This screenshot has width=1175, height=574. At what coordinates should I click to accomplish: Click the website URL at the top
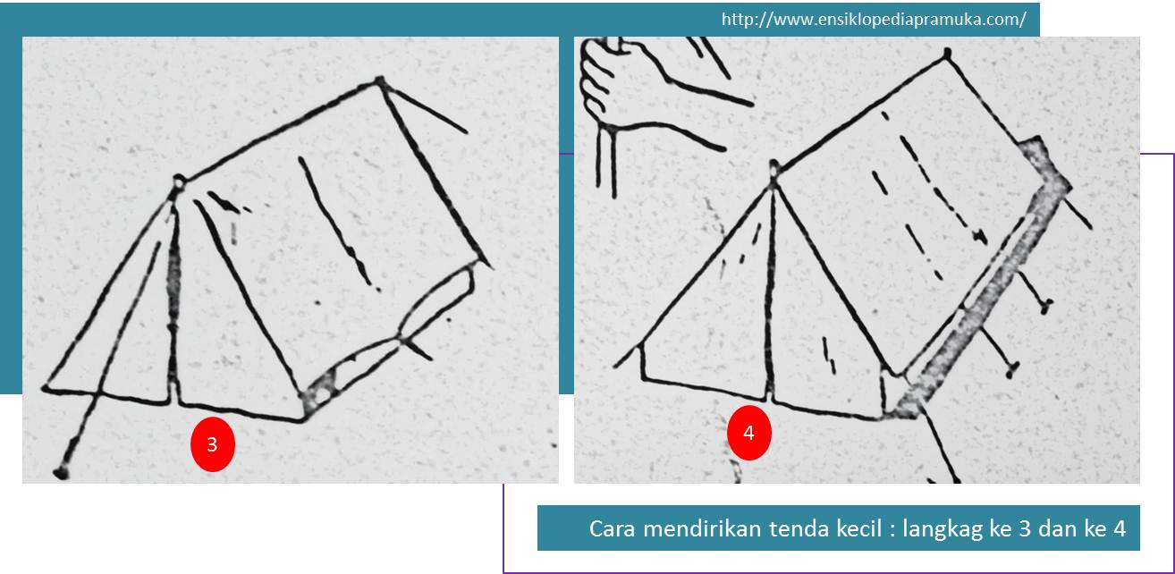pyautogui.click(x=873, y=20)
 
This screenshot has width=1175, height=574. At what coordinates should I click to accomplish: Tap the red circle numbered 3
pyautogui.click(x=212, y=443)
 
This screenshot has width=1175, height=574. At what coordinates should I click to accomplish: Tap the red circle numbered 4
pyautogui.click(x=748, y=433)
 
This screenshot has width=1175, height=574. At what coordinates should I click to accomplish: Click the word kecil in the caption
pyautogui.click(x=855, y=528)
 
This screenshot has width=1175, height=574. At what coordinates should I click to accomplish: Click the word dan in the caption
pyautogui.click(x=1061, y=528)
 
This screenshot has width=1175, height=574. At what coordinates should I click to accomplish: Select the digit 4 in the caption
pyautogui.click(x=1118, y=528)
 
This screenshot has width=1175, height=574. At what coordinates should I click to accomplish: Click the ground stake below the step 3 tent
pyautogui.click(x=61, y=470)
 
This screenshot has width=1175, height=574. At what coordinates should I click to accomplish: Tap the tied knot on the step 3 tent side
pyautogui.click(x=403, y=340)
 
